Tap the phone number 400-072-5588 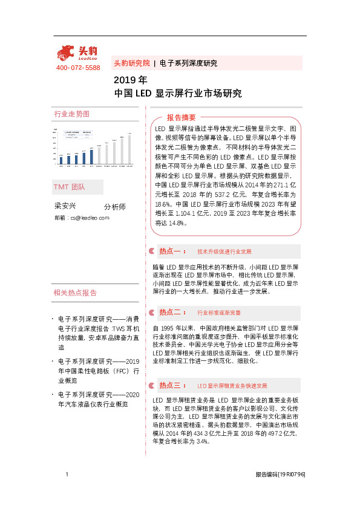click(x=78, y=68)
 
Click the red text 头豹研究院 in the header click(x=131, y=63)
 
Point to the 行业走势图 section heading click(x=71, y=114)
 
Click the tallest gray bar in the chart click(x=129, y=149)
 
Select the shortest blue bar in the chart click(x=61, y=160)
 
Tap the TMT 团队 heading click(x=70, y=187)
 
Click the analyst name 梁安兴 click(x=65, y=206)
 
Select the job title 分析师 click(x=115, y=207)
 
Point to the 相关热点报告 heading click(x=75, y=293)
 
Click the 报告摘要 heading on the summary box click(x=182, y=117)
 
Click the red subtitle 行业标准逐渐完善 click(x=219, y=313)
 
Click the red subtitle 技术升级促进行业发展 click(x=224, y=251)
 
